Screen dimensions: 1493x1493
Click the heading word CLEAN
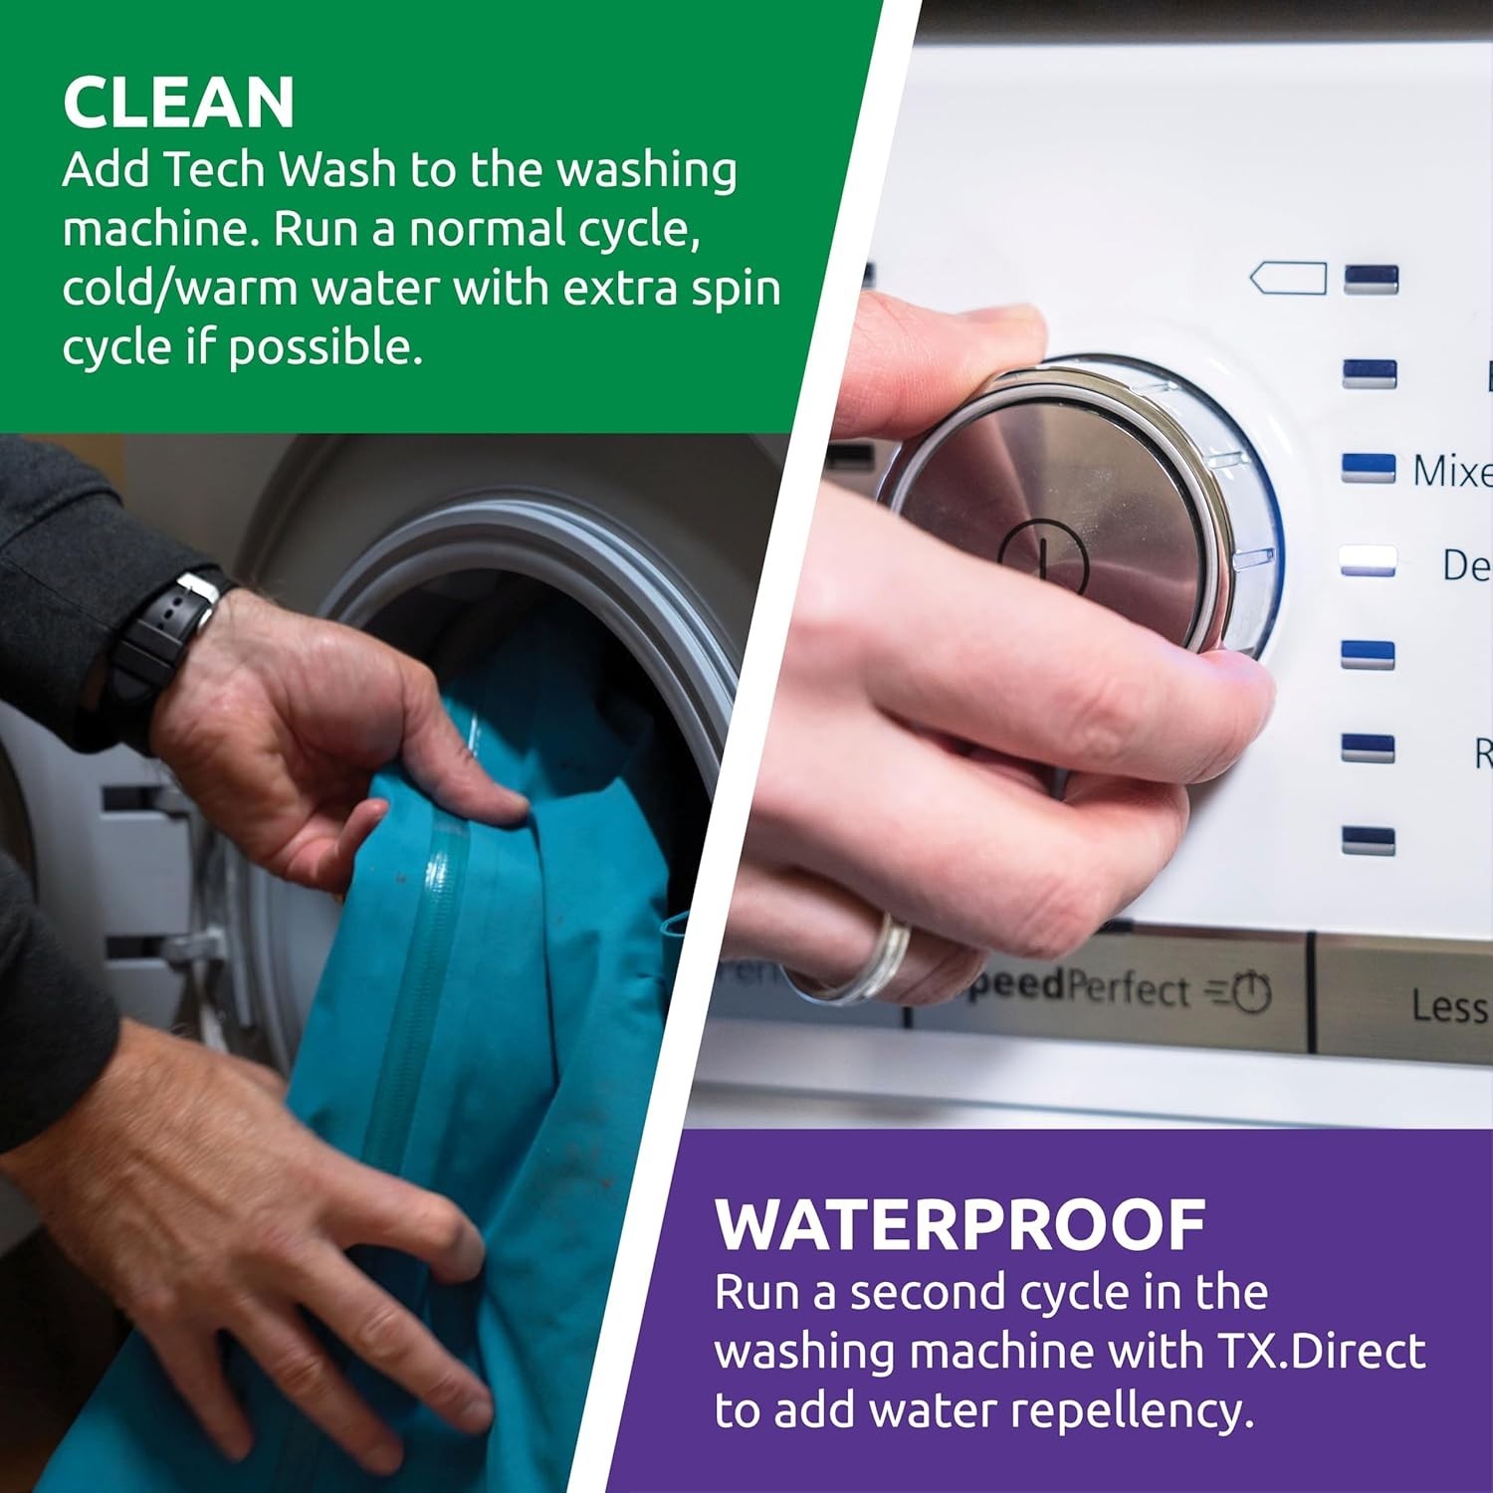point(179,102)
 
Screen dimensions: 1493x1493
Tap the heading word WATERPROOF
point(960,1225)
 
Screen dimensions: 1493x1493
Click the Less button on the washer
point(1448,1005)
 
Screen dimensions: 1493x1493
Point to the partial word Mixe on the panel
point(1451,470)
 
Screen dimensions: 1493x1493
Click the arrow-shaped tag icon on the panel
point(1288,279)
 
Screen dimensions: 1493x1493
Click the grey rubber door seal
point(557,557)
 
